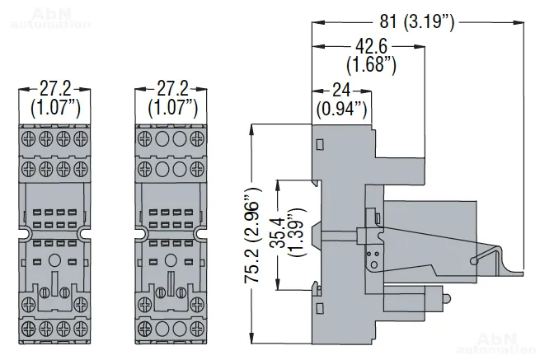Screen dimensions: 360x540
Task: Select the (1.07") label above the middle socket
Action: [173, 106]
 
